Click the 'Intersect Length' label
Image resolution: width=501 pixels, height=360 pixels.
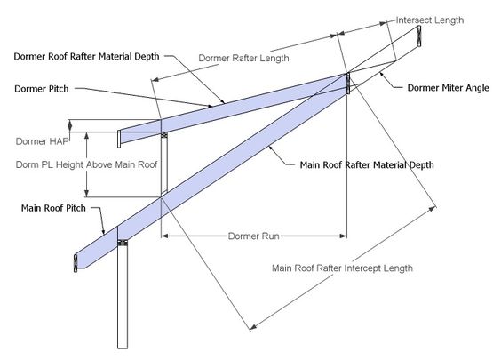tap(429, 20)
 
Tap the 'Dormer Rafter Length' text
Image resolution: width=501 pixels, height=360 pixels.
tap(243, 58)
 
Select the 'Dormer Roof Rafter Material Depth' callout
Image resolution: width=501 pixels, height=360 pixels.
tap(86, 57)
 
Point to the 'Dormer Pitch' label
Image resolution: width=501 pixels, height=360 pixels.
tap(42, 89)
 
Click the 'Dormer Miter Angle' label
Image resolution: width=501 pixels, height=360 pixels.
tap(448, 88)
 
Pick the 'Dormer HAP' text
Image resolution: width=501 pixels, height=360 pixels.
tap(42, 141)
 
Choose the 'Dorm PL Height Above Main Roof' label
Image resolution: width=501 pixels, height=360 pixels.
tap(86, 164)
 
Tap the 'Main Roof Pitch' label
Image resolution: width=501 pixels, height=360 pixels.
tap(53, 208)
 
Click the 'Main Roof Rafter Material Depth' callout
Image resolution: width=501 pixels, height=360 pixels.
tap(367, 165)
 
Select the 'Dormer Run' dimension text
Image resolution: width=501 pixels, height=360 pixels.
tap(254, 236)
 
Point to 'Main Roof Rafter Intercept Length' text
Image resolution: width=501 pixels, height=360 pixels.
tap(342, 268)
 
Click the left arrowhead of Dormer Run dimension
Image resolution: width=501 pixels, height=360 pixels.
tap(164, 236)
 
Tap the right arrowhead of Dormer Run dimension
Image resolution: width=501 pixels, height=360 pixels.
tap(343, 236)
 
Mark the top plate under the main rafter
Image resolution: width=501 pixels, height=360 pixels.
tap(123, 243)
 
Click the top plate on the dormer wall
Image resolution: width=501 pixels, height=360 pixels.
tap(164, 135)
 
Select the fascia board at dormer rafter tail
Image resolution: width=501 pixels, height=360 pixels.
tap(119, 139)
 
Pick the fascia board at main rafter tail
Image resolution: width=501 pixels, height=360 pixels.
tap(76, 263)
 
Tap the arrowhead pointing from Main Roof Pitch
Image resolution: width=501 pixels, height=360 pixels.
tap(103, 231)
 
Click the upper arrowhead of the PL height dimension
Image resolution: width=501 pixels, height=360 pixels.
tap(86, 136)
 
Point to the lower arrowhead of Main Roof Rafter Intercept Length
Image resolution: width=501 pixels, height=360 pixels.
tap(253, 327)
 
